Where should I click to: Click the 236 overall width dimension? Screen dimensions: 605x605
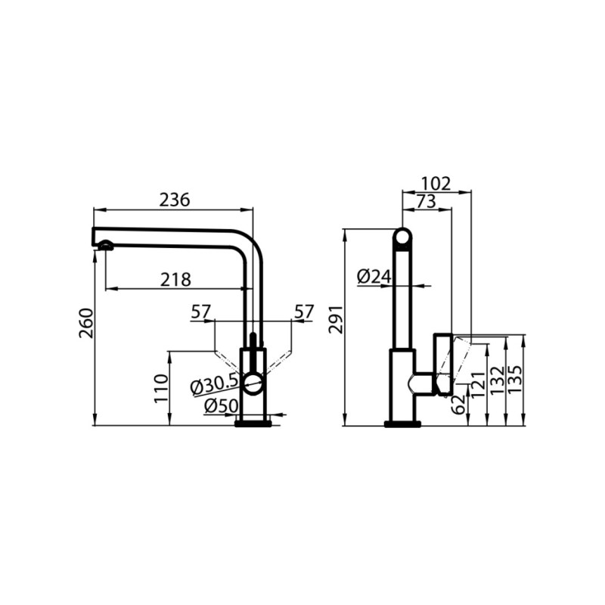pos(174,200)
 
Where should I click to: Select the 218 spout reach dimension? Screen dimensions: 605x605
pos(175,279)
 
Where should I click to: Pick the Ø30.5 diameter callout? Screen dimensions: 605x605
pos(215,384)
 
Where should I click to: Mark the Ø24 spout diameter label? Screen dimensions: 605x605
pos(374,277)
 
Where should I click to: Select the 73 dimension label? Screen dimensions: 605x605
pos(426,201)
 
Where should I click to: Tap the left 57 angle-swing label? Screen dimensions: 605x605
pos(200,311)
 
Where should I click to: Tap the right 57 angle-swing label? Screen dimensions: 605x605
pos(303,311)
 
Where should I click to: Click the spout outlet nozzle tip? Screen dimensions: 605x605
pos(106,244)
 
